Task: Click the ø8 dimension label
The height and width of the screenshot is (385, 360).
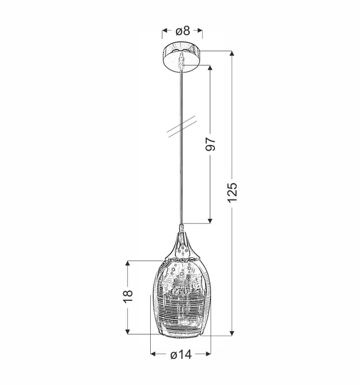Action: point(182,30)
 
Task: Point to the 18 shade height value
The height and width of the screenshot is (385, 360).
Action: point(128,297)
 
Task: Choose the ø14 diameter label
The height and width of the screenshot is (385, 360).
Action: point(181,355)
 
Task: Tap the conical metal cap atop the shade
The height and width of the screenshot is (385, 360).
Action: point(182,244)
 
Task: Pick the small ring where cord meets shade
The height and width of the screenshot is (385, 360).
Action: point(182,227)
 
